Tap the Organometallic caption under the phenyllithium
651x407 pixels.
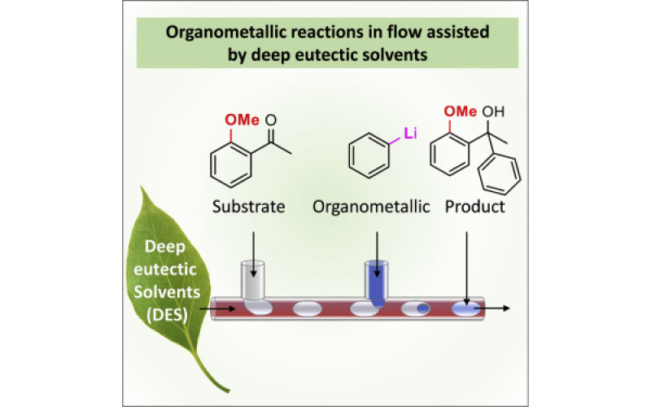click(371, 206)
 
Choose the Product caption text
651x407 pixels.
click(474, 206)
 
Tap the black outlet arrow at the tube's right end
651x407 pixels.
click(497, 309)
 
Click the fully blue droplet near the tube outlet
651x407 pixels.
click(464, 309)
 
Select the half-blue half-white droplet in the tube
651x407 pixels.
click(417, 309)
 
